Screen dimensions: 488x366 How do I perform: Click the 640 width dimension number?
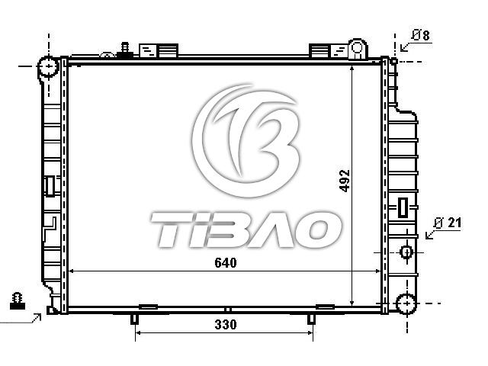226,263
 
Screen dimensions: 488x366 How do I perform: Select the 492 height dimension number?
345,181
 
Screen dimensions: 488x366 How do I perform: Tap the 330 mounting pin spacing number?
226,325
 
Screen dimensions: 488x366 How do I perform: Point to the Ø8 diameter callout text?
421,35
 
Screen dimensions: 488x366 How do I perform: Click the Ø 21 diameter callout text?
448,223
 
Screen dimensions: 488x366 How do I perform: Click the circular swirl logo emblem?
246,140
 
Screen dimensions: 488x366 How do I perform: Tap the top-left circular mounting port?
49,66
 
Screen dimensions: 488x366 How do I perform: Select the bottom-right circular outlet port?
406,303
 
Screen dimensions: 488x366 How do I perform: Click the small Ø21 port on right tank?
406,252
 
